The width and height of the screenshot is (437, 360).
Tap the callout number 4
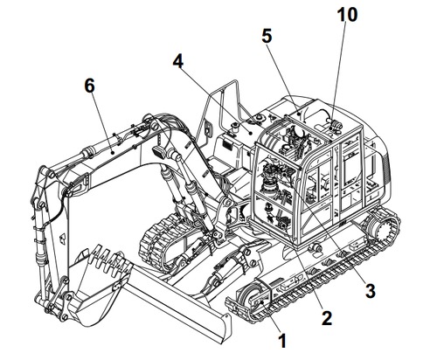(177, 64)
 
